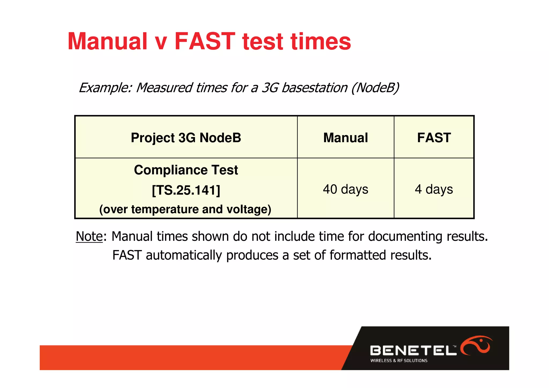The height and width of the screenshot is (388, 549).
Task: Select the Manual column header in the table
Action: click(346, 138)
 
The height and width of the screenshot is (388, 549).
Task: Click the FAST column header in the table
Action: click(434, 138)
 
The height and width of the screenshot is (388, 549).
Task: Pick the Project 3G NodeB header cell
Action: click(186, 138)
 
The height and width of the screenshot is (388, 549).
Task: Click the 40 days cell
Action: click(346, 189)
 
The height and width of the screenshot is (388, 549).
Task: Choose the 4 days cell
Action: click(434, 189)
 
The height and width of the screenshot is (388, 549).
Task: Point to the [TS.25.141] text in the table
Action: click(186, 190)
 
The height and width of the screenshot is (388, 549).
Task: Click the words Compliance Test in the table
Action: click(186, 170)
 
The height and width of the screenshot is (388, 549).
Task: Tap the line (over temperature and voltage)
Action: click(185, 209)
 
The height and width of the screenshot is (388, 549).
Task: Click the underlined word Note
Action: click(89, 236)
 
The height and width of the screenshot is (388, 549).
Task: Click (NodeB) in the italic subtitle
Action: click(375, 88)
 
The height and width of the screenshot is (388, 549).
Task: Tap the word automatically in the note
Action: click(184, 255)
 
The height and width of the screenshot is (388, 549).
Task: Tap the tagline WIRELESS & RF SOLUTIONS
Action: click(399, 361)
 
